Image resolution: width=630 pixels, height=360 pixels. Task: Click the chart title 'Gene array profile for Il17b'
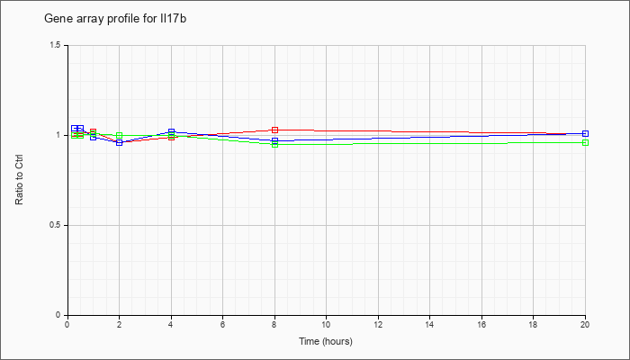115,19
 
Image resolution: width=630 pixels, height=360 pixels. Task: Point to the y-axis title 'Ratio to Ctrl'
19,181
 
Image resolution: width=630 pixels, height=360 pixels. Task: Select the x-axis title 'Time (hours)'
326,341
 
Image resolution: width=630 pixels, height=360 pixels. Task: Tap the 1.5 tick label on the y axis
55,45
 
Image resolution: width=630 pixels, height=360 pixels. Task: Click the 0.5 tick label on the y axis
55,225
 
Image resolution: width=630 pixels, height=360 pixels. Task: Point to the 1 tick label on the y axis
58,135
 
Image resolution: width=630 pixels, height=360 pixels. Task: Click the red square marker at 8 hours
274,130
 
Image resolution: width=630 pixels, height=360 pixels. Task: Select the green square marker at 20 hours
585,142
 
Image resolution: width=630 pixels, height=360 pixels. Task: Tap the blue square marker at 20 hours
585,133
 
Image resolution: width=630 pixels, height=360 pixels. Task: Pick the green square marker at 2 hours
120,135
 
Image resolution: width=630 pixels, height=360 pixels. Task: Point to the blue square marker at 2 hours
120,142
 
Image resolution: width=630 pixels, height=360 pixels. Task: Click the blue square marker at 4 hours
172,131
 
